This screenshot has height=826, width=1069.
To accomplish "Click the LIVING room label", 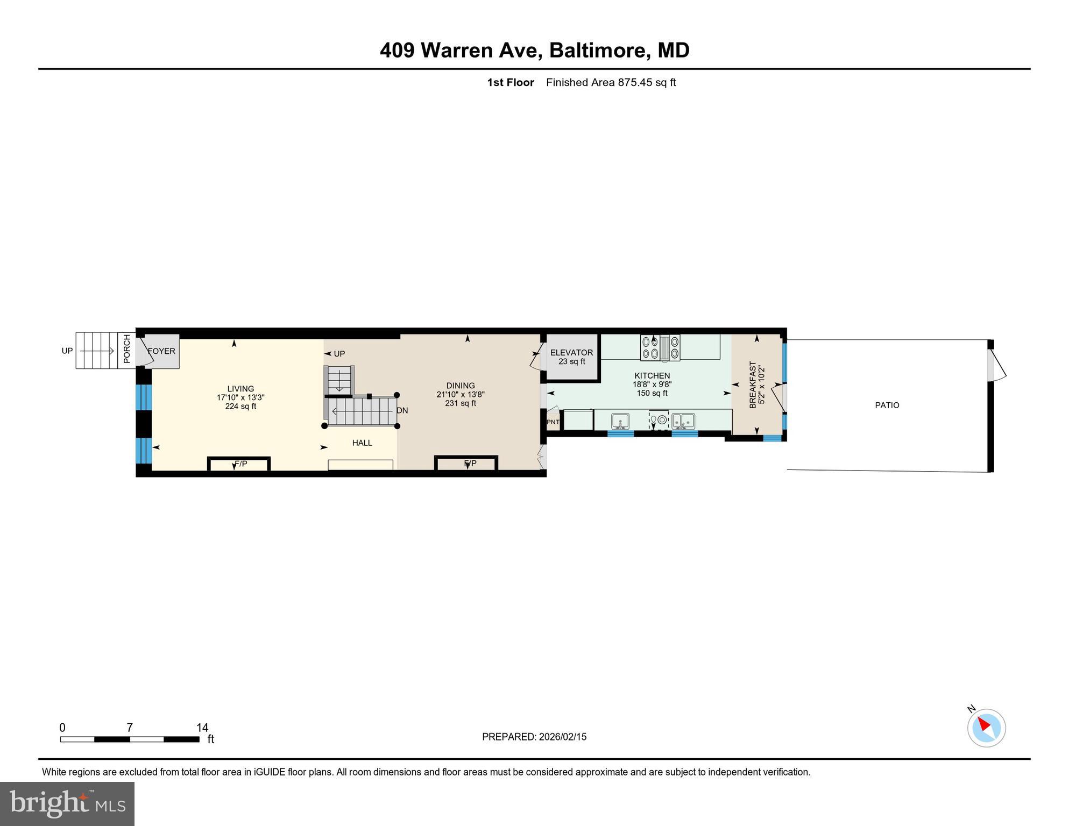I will coord(240,389).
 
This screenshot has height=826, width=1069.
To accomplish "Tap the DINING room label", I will coord(461,386).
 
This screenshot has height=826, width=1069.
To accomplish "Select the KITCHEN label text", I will coord(652,376).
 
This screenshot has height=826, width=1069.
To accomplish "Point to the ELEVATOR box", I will coord(571,357).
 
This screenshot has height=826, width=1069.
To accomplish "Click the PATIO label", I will coord(887,405).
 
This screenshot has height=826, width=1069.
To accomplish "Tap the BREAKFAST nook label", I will coord(753,384).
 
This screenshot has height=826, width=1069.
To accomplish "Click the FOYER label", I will coord(162,351).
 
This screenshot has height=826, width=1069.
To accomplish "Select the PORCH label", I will coord(127,349).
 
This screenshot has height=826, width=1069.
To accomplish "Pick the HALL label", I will coord(362,443).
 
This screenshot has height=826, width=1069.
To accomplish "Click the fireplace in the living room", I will coord(239,464).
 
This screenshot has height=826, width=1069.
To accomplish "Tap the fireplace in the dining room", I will coord(466,464).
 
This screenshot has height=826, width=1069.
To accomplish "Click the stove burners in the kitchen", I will coord(660,347).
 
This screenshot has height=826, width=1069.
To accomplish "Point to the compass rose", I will coord(986,728).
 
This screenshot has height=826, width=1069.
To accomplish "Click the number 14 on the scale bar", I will coord(202,728).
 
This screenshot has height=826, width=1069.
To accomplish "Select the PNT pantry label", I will coord(553,422).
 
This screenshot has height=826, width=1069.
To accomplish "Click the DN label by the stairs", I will coord(402,410).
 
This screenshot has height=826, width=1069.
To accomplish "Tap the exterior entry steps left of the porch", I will coord(96,351).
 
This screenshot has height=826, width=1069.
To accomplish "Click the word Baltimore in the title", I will coord(597,50).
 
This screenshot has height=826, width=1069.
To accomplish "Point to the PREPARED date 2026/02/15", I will coord(562,737).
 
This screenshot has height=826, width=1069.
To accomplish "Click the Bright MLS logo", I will coord(67,803).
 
